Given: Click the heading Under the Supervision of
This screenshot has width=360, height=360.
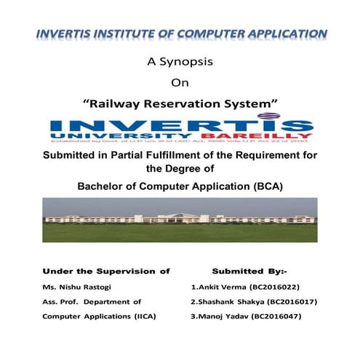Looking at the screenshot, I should click(x=105, y=270).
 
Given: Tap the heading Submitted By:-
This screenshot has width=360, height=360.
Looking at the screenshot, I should click(x=249, y=270).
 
